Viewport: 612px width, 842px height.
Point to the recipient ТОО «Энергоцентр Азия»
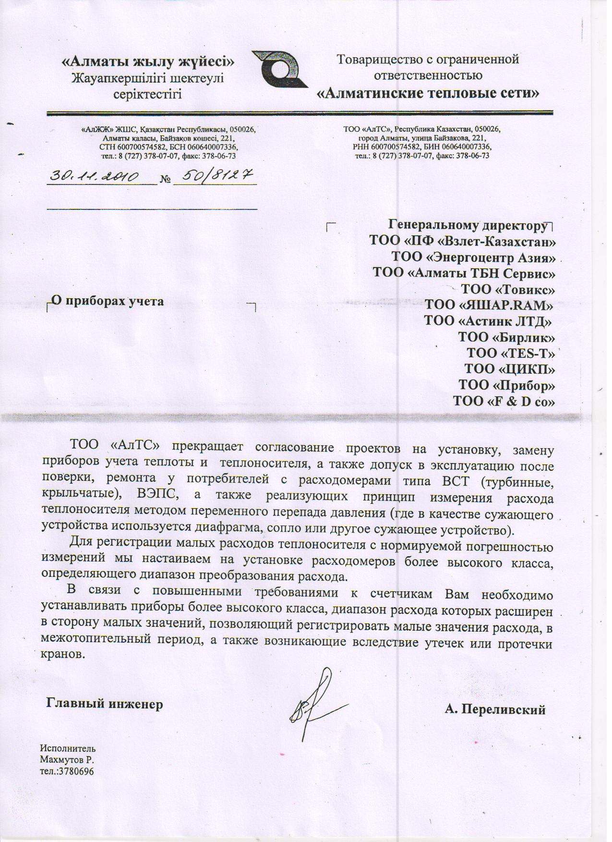pos(473,257)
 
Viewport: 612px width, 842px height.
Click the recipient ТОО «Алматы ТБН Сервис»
pos(464,273)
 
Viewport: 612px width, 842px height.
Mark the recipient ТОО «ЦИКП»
pos(509,369)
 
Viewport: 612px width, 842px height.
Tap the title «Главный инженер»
pos(104,704)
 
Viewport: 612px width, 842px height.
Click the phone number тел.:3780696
pos(66,771)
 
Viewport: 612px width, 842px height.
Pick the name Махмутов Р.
pos(67,760)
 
